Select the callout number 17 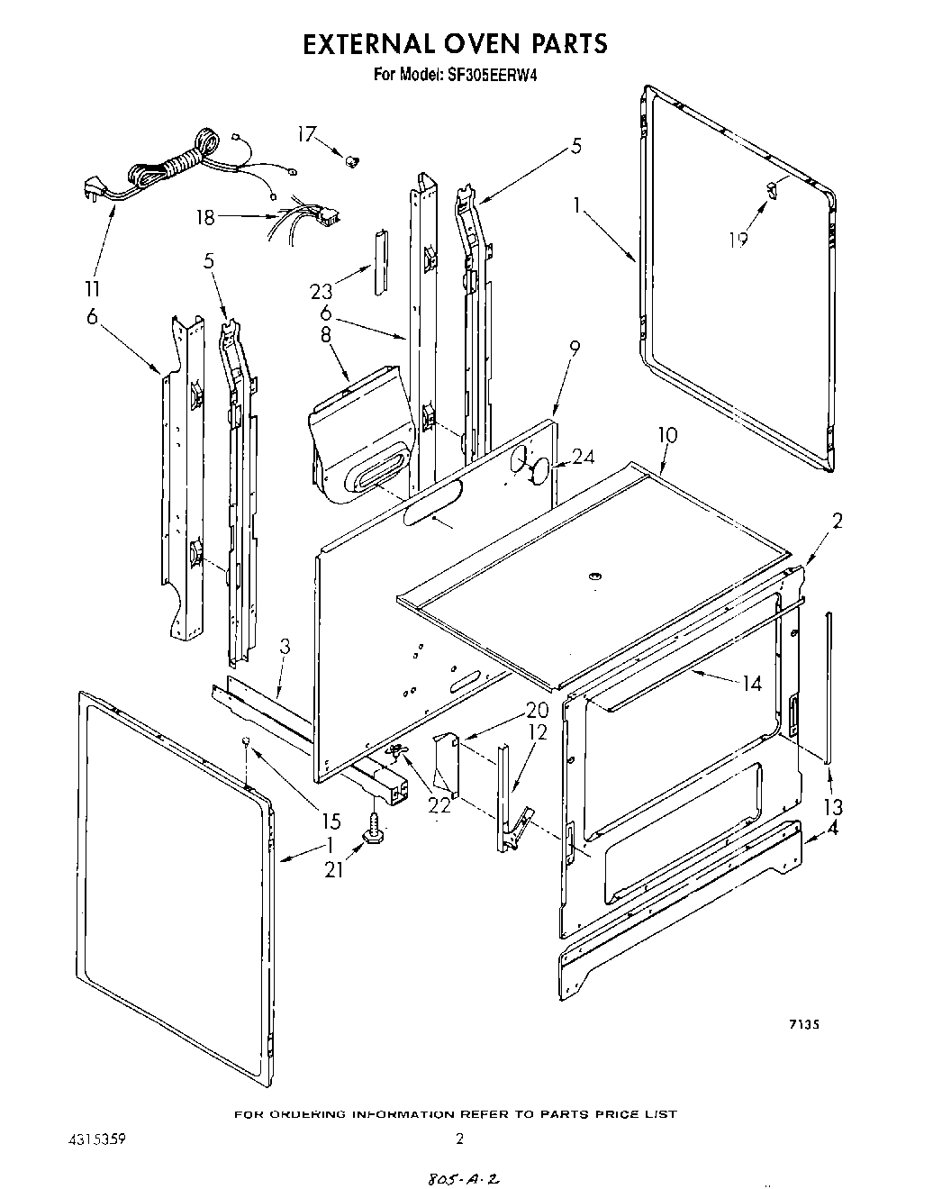pyautogui.click(x=307, y=134)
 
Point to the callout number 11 pyautogui.click(x=92, y=290)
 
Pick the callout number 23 pyautogui.click(x=322, y=291)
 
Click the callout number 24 pyautogui.click(x=584, y=457)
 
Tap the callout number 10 pyautogui.click(x=666, y=436)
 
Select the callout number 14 pyautogui.click(x=751, y=684)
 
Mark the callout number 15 pyautogui.click(x=331, y=821)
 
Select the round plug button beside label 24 pyautogui.click(x=539, y=469)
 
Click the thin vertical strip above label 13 pyautogui.click(x=829, y=685)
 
